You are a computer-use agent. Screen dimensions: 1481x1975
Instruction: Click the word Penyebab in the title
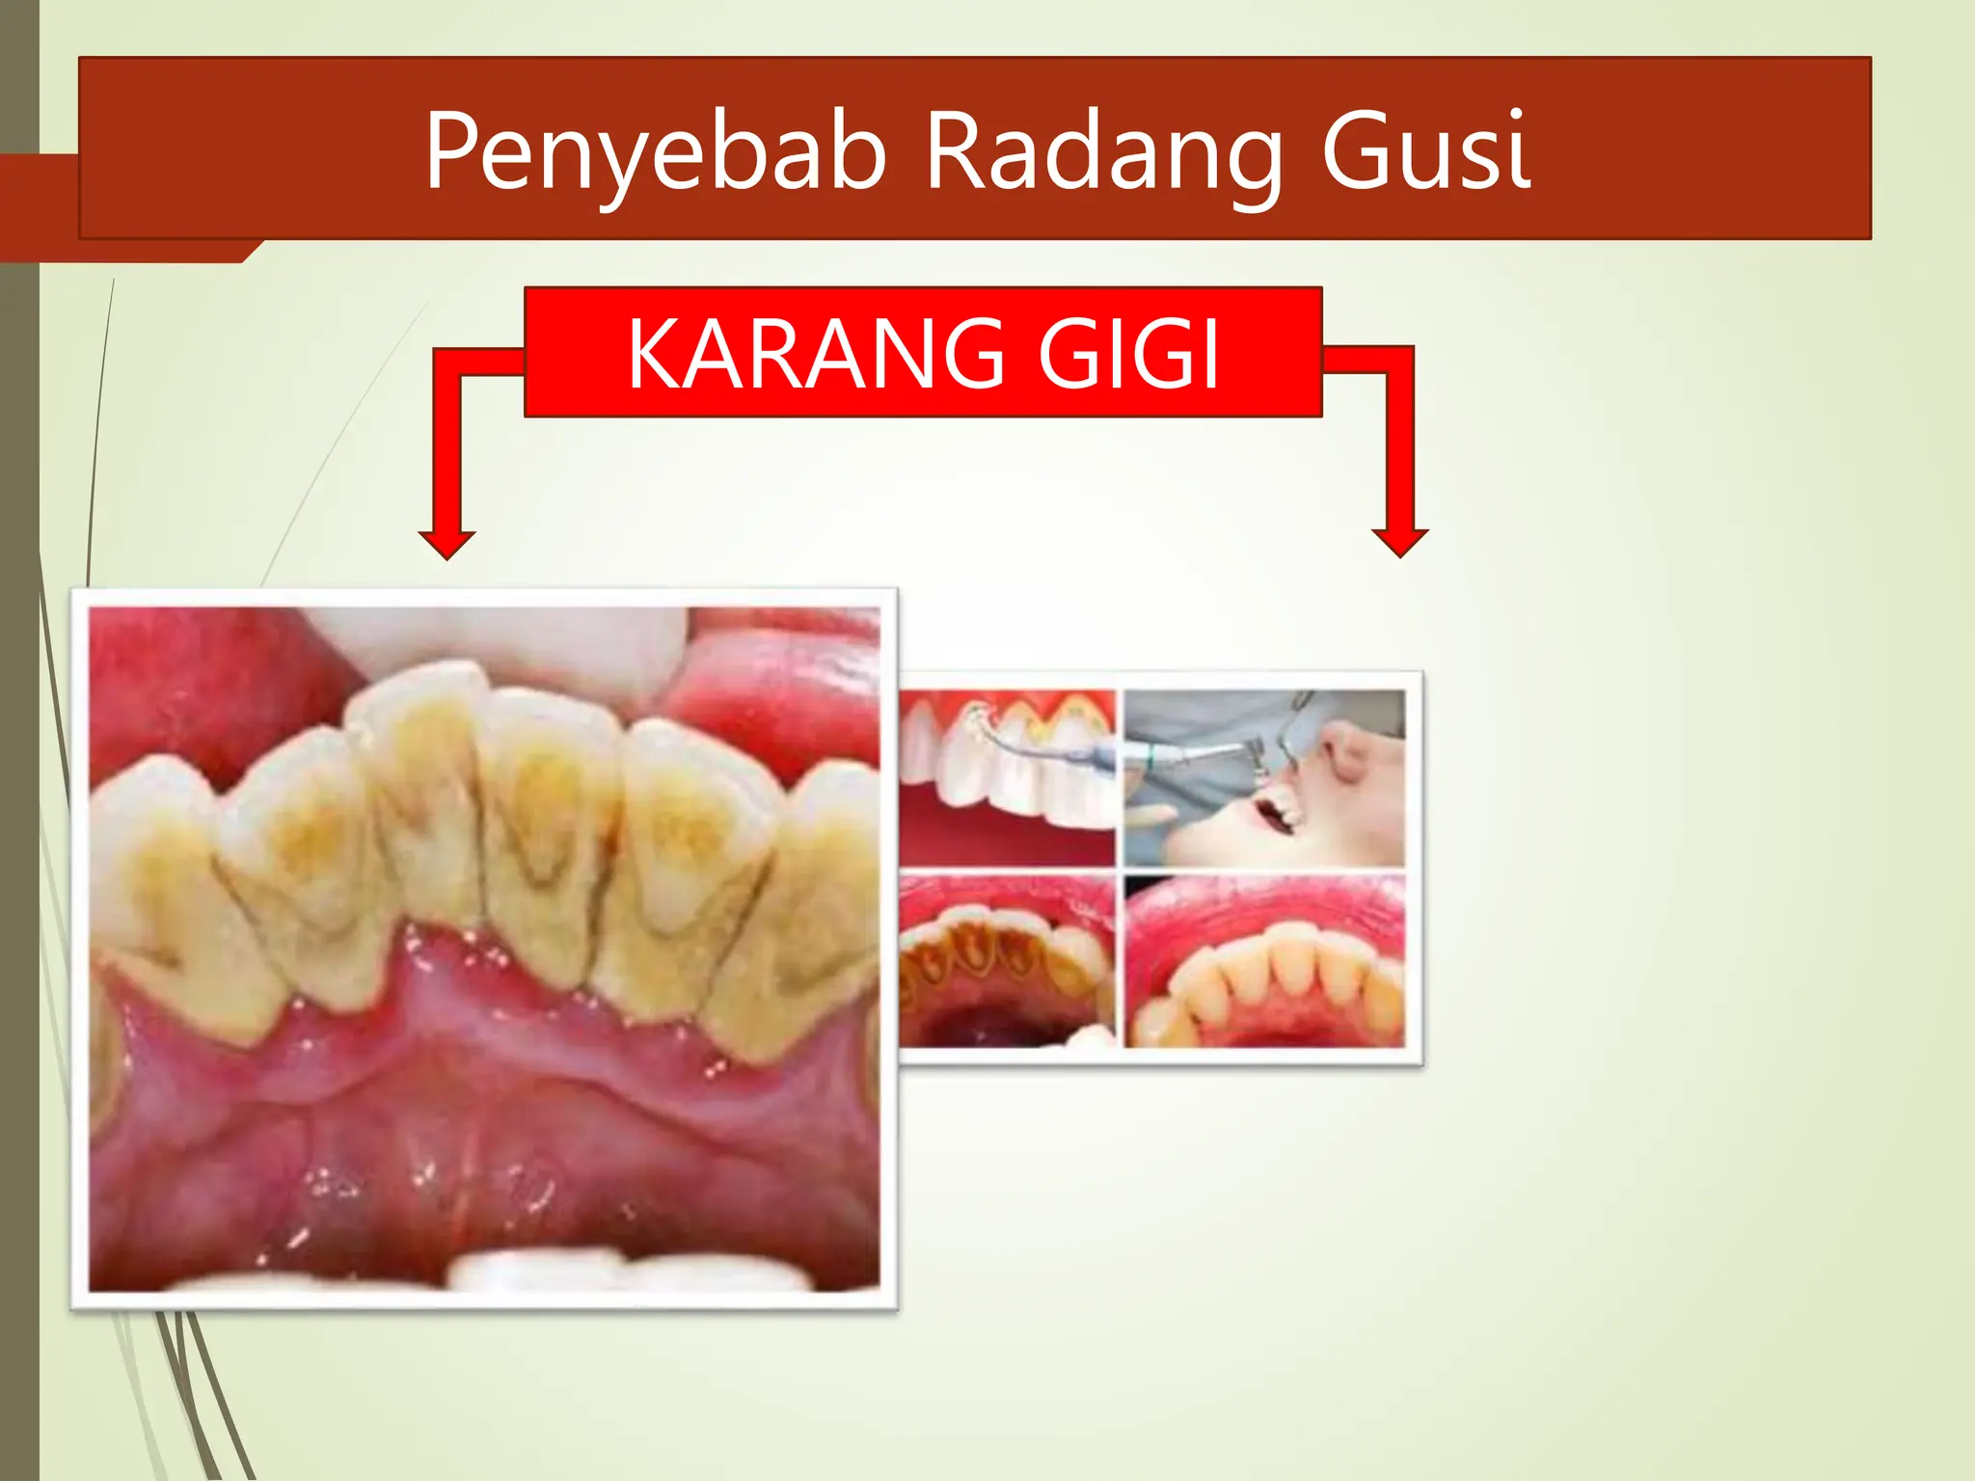point(655,151)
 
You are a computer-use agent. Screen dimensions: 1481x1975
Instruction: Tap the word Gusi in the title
point(1425,151)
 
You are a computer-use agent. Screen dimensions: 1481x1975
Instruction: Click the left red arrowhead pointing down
point(446,544)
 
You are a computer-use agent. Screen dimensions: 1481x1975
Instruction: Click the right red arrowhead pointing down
point(1399,543)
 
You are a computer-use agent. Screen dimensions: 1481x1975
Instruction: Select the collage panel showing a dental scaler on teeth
point(1007,777)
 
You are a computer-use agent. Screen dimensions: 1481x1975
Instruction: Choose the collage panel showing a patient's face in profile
point(1264,777)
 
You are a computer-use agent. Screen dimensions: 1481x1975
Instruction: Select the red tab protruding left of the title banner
point(39,207)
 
